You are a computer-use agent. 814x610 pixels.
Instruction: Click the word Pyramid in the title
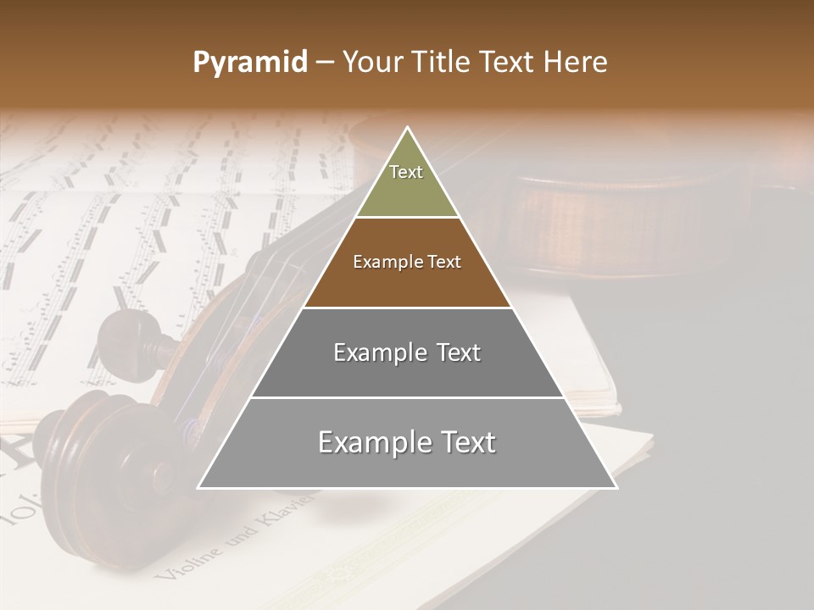point(249,63)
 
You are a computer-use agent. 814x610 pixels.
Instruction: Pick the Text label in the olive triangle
point(406,172)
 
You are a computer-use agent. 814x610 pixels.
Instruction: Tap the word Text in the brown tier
point(443,263)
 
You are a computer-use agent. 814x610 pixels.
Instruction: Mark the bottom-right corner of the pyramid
point(616,488)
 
